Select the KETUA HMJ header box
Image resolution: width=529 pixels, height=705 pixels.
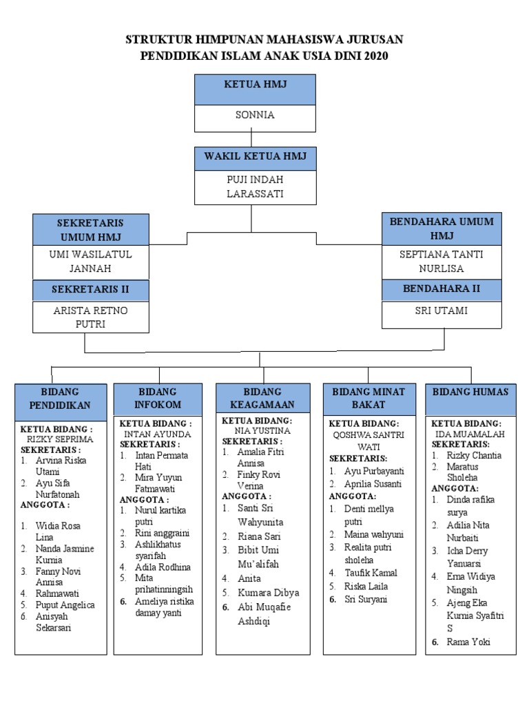[x=255, y=89]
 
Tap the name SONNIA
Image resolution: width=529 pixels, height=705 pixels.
[x=255, y=115]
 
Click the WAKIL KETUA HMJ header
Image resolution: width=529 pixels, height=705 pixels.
[x=255, y=157]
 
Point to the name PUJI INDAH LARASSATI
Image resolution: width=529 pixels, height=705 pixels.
[x=255, y=187]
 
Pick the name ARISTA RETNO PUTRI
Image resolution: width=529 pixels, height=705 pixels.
[x=90, y=317]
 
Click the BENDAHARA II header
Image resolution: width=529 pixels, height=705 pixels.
[x=442, y=288]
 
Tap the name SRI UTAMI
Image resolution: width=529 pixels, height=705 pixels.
[x=442, y=311]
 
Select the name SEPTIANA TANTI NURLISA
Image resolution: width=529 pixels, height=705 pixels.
[x=442, y=261]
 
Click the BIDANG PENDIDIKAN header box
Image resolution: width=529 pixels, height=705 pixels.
[x=61, y=399]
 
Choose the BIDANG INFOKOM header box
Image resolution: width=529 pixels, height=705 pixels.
[x=157, y=399]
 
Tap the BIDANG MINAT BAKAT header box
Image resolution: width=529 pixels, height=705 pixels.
[x=369, y=399]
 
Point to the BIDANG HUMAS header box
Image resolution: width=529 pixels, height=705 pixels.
[x=470, y=392]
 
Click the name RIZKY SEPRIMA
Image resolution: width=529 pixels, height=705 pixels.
[x=59, y=439]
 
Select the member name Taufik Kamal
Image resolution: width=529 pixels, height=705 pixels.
[x=372, y=572]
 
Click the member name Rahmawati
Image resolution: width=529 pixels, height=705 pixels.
[x=57, y=593]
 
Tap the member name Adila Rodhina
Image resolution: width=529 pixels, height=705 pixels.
[x=163, y=567]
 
